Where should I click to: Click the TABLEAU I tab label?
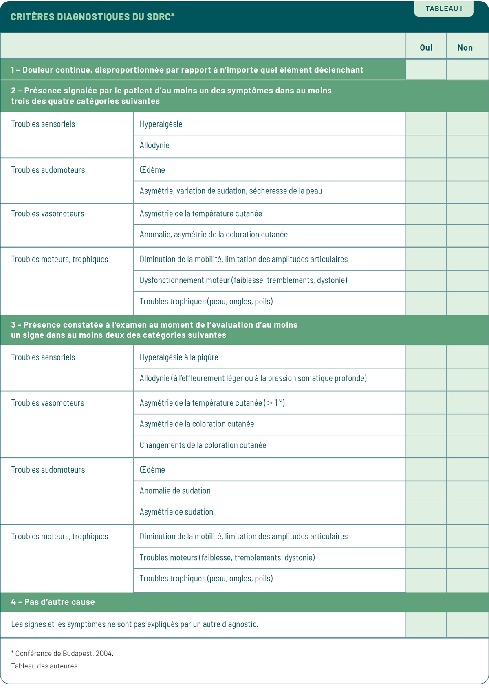[x=444, y=9]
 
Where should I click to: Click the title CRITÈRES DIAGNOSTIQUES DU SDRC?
[x=93, y=17]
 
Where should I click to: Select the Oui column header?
[x=426, y=48]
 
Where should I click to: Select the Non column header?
[x=465, y=48]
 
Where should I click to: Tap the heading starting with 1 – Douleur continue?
[x=187, y=70]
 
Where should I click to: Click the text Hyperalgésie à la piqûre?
[x=179, y=357]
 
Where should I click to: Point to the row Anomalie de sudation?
[x=175, y=491]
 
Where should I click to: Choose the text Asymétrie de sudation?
[x=176, y=512]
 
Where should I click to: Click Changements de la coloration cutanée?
[x=203, y=445]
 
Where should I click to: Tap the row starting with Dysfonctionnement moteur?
[x=243, y=280]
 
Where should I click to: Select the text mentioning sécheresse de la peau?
[x=231, y=191]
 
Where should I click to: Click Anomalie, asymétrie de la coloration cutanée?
[x=214, y=235]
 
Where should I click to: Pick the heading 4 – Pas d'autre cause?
[x=53, y=602]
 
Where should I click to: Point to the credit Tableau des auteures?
[x=44, y=666]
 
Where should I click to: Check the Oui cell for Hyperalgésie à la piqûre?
[x=426, y=357]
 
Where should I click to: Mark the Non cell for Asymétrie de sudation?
[x=467, y=513]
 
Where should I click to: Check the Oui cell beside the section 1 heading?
[x=426, y=70]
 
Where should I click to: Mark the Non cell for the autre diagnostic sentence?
[x=467, y=624]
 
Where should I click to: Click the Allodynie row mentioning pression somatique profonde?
[x=253, y=378]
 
